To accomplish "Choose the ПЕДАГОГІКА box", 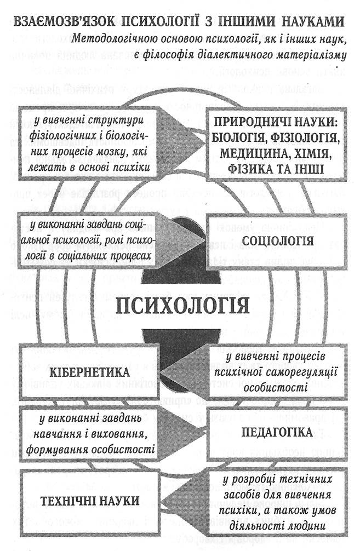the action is coord(277,432).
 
